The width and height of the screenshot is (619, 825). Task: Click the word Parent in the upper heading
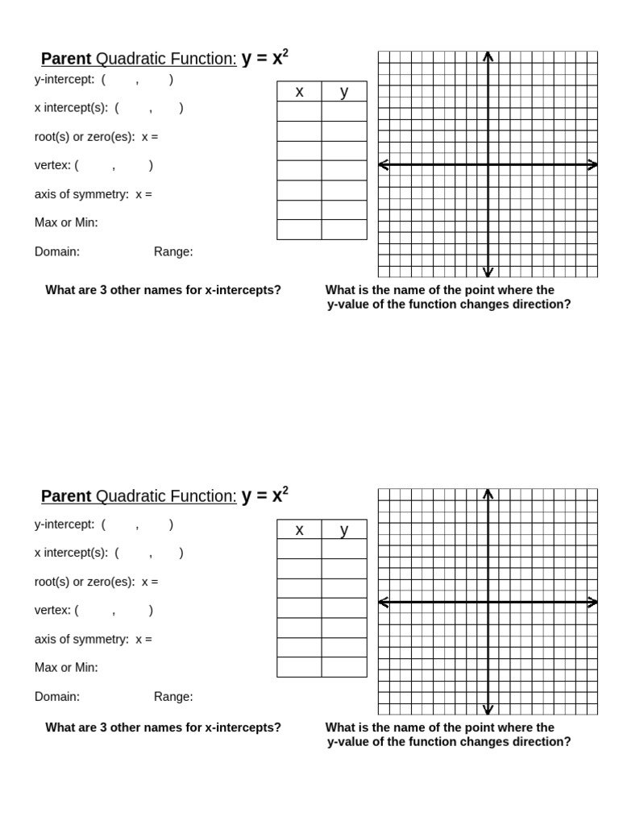(66, 59)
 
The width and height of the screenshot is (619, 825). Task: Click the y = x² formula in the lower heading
(264, 495)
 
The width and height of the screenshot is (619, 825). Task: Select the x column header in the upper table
(299, 92)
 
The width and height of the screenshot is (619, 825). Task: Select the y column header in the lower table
(344, 530)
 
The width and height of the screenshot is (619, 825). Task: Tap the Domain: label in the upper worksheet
(57, 251)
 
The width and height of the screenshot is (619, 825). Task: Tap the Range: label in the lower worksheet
(173, 697)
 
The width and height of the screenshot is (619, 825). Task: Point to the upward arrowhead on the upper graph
(488, 56)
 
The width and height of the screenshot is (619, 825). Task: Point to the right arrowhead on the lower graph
(593, 602)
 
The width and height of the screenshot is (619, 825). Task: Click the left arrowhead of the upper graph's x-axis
(384, 164)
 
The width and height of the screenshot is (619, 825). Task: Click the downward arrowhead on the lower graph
(488, 709)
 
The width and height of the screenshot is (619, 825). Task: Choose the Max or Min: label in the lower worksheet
(66, 668)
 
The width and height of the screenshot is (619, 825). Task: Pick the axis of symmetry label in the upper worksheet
(81, 194)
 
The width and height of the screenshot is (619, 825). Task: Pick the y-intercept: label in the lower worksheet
(64, 524)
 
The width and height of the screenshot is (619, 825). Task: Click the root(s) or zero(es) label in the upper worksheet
(85, 137)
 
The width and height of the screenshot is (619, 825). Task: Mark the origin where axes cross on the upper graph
(488, 164)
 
